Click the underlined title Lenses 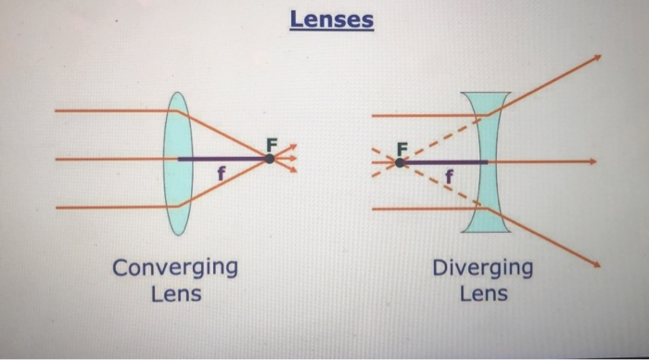click(x=331, y=19)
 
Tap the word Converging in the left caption click(x=174, y=268)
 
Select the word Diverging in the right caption click(x=482, y=268)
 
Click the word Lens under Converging click(x=175, y=294)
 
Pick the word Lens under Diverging click(x=483, y=294)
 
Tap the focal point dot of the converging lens click(x=269, y=159)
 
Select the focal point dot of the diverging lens click(x=399, y=162)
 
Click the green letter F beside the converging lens click(x=272, y=145)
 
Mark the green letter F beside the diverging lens click(x=401, y=148)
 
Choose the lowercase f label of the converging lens click(x=221, y=174)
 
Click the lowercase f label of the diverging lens click(x=450, y=175)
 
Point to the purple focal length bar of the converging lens click(x=223, y=159)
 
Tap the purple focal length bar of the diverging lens click(x=445, y=162)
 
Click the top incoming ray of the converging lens click(x=111, y=110)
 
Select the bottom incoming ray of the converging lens click(x=111, y=207)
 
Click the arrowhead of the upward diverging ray click(x=596, y=57)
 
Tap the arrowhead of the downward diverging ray click(x=596, y=265)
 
